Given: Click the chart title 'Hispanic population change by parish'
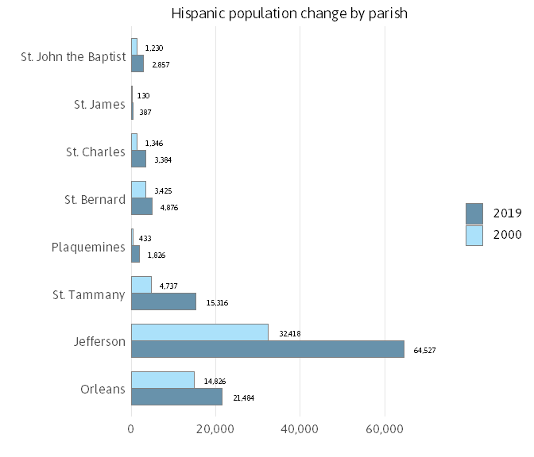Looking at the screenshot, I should point(289,13).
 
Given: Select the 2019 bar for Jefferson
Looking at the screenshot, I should point(267,349).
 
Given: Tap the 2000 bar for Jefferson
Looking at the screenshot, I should point(199,332).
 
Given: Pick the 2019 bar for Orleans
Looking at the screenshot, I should point(176,397).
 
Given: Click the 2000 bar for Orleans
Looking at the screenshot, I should point(162,380).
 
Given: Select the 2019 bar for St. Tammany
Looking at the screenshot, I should point(163,301).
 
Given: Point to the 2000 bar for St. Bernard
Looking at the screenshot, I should point(138,190).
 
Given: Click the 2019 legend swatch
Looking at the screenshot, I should point(474,213).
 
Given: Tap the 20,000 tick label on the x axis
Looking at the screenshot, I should point(215,428).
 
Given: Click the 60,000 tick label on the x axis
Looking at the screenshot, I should point(385,428).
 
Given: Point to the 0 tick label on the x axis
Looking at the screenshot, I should point(131,428).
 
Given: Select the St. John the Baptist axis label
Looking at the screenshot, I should point(74,56).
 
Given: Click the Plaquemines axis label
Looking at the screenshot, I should point(88,247).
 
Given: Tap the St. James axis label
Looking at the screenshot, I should point(99,104).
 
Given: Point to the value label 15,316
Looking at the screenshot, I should point(217,302).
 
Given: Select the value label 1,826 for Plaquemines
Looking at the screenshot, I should point(157,255).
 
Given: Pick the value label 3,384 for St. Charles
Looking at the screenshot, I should point(163,159).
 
